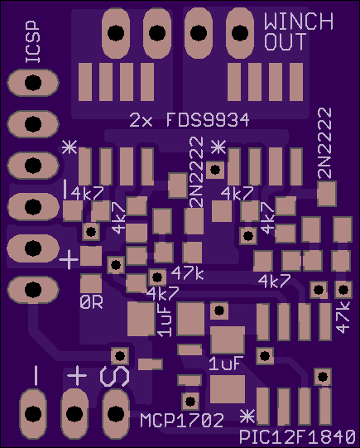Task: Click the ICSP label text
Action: tap(33, 41)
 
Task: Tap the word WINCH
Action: tap(299, 22)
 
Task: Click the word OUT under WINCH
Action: tap(286, 41)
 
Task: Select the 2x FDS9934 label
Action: tap(190, 120)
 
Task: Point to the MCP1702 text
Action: tap(182, 421)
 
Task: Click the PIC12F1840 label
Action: tap(297, 437)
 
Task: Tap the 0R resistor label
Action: tap(91, 302)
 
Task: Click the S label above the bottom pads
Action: tap(114, 376)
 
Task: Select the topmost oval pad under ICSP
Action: tap(33, 83)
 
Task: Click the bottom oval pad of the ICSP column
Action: tap(33, 290)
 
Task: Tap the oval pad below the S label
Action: tap(116, 413)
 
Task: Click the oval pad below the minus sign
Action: tap(33, 413)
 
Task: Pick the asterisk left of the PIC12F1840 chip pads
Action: tap(247, 417)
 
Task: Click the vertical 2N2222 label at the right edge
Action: tap(324, 143)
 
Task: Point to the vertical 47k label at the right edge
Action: tap(343, 317)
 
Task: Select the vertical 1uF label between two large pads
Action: tap(165, 320)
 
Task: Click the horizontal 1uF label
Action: tap(226, 364)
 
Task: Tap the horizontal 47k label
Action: tap(187, 273)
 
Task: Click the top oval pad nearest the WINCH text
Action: tap(240, 33)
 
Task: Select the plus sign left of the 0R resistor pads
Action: tap(69, 260)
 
